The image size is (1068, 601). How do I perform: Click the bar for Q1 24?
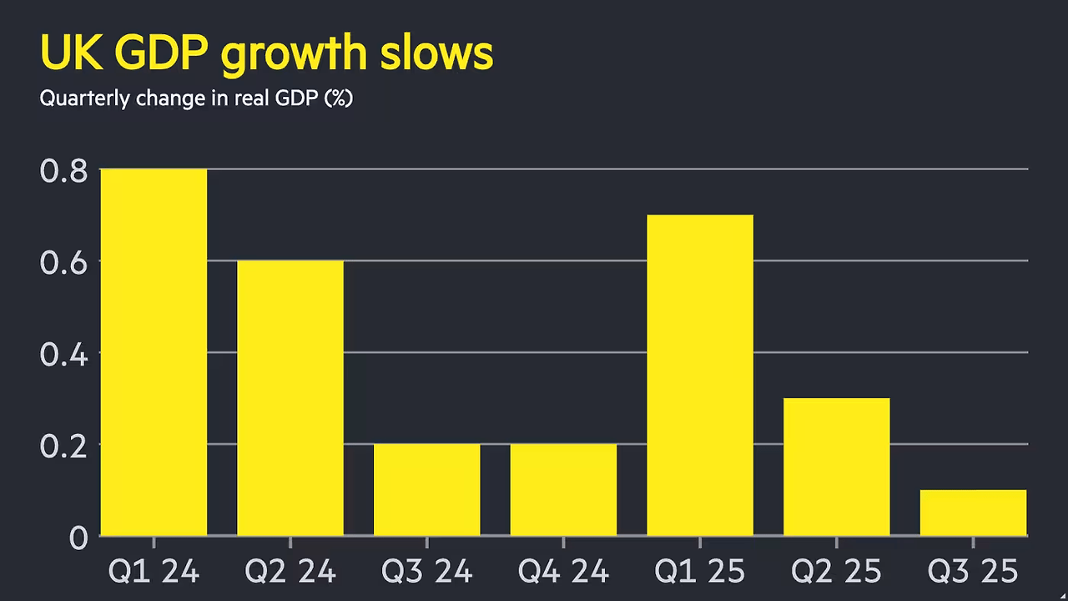pos(154,352)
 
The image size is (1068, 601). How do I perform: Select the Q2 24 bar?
pos(290,398)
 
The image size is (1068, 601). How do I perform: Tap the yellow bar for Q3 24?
pos(426,489)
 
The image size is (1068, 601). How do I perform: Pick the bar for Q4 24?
pos(563,489)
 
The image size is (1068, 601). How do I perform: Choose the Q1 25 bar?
pos(700,375)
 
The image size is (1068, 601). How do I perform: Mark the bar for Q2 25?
pos(836,467)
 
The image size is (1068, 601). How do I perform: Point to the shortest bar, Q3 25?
pos(973,513)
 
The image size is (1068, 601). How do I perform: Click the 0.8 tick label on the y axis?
pos(63,171)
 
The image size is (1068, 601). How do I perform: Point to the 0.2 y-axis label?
pos(63,446)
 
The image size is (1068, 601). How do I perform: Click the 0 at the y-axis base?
pos(78,538)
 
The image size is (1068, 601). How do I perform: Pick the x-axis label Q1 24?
pos(154,572)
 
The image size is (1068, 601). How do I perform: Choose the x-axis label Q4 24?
pos(563,572)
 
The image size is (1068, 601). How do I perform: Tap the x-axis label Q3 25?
pos(973,572)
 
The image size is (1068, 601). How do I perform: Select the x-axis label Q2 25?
pos(836,572)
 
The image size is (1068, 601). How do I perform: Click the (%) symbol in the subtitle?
pos(339,98)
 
